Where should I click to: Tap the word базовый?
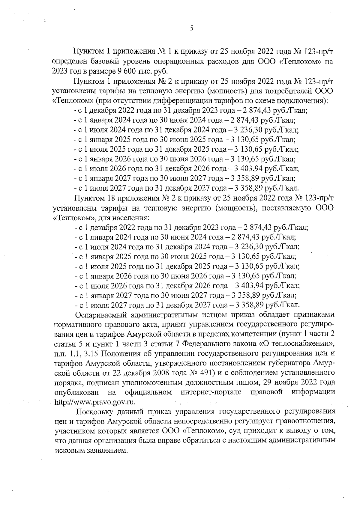[103, 62]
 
